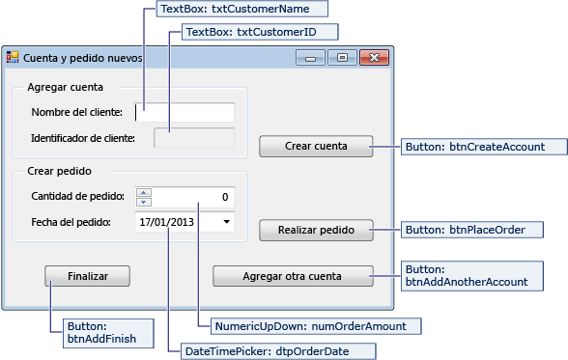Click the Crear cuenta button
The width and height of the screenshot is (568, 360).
point(316,147)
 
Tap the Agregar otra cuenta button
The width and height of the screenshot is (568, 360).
point(293,276)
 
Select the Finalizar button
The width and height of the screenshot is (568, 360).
point(87,276)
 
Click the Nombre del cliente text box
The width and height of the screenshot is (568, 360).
point(185,112)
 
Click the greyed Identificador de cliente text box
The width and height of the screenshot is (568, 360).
point(193,137)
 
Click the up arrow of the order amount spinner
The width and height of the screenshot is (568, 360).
point(144,192)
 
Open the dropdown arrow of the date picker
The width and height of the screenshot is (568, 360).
point(226,222)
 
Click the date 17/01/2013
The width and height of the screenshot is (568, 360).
point(167,222)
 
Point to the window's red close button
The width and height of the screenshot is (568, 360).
point(372,58)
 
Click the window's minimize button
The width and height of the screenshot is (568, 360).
point(311,58)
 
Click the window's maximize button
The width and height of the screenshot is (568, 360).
point(341,58)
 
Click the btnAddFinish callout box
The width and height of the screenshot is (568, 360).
point(99,333)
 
